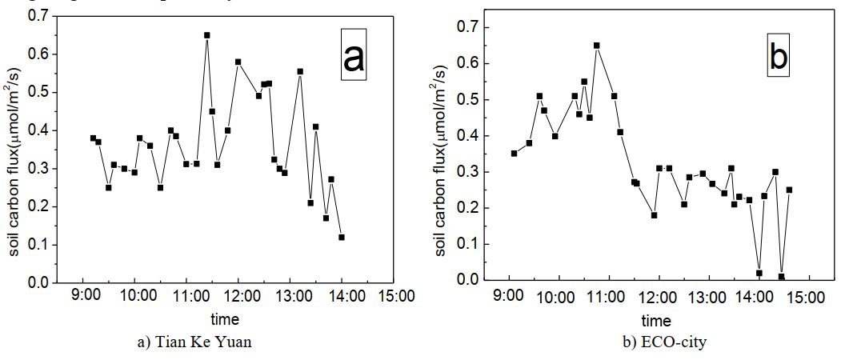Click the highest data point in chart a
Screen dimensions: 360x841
[206, 35]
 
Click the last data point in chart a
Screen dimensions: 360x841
[342, 237]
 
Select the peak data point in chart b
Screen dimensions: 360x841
[596, 46]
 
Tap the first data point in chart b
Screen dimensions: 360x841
[514, 153]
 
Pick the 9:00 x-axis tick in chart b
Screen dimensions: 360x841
[507, 297]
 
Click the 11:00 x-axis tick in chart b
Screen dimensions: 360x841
[607, 297]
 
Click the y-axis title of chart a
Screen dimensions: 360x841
[15, 149]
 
